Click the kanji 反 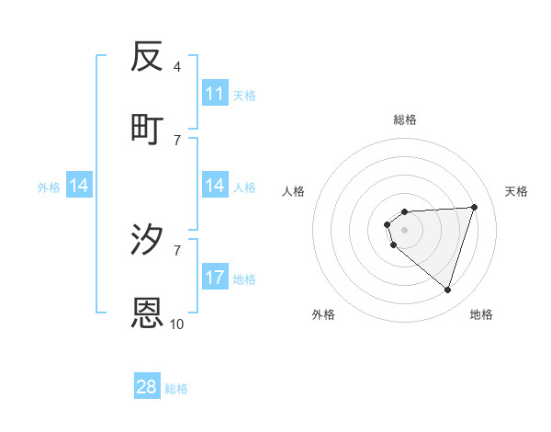point(148,57)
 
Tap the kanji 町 point(148,130)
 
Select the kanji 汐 point(148,240)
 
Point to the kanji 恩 point(148,313)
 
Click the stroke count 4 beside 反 point(177,67)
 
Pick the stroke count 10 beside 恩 point(177,324)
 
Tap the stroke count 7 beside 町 point(177,140)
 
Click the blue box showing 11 point(215,94)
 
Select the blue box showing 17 point(215,278)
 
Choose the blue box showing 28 point(147,387)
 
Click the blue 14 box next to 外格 point(79,186)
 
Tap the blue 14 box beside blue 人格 point(215,186)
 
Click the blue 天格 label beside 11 point(244,95)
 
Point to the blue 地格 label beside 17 point(244,279)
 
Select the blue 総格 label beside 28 point(176,389)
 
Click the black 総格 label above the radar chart point(405,119)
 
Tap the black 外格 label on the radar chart point(323,314)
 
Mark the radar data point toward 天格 point(475,207)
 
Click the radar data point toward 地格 point(447,290)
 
